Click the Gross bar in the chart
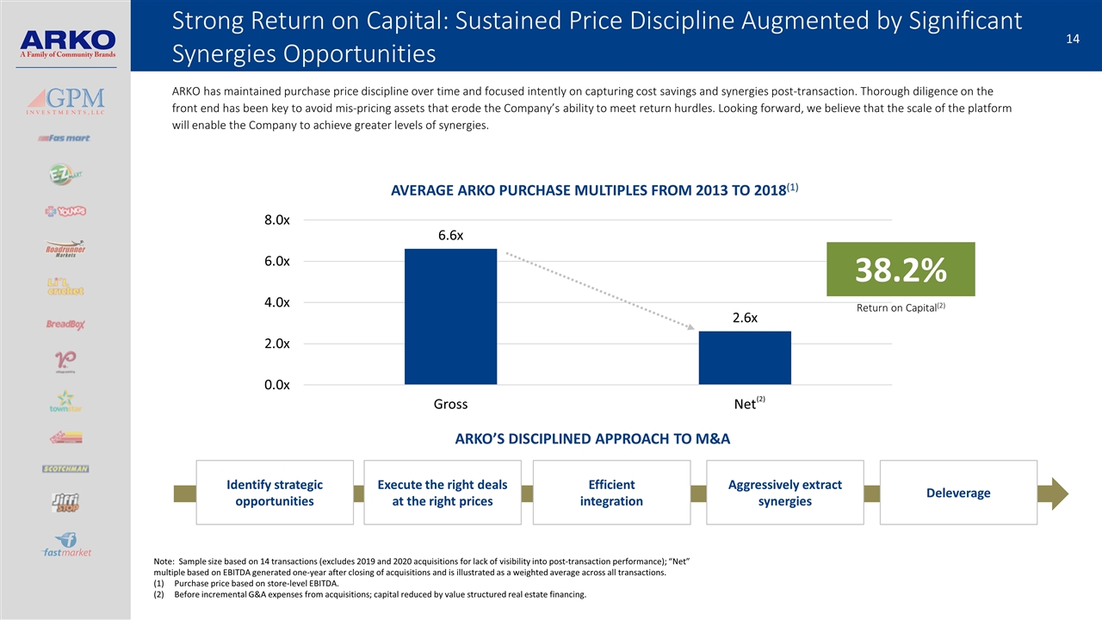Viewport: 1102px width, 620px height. click(x=450, y=316)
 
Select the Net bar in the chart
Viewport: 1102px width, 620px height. click(x=745, y=357)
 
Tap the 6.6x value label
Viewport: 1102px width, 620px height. click(x=450, y=235)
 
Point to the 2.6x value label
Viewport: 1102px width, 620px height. click(x=745, y=318)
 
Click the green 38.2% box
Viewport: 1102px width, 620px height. click(x=900, y=270)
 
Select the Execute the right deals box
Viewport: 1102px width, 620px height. click(x=443, y=493)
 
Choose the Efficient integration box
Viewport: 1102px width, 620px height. click(x=611, y=493)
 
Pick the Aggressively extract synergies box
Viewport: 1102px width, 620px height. click(x=784, y=493)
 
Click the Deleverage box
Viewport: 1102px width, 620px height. click(x=958, y=493)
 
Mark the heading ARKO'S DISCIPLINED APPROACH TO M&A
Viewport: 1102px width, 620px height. click(x=592, y=439)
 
